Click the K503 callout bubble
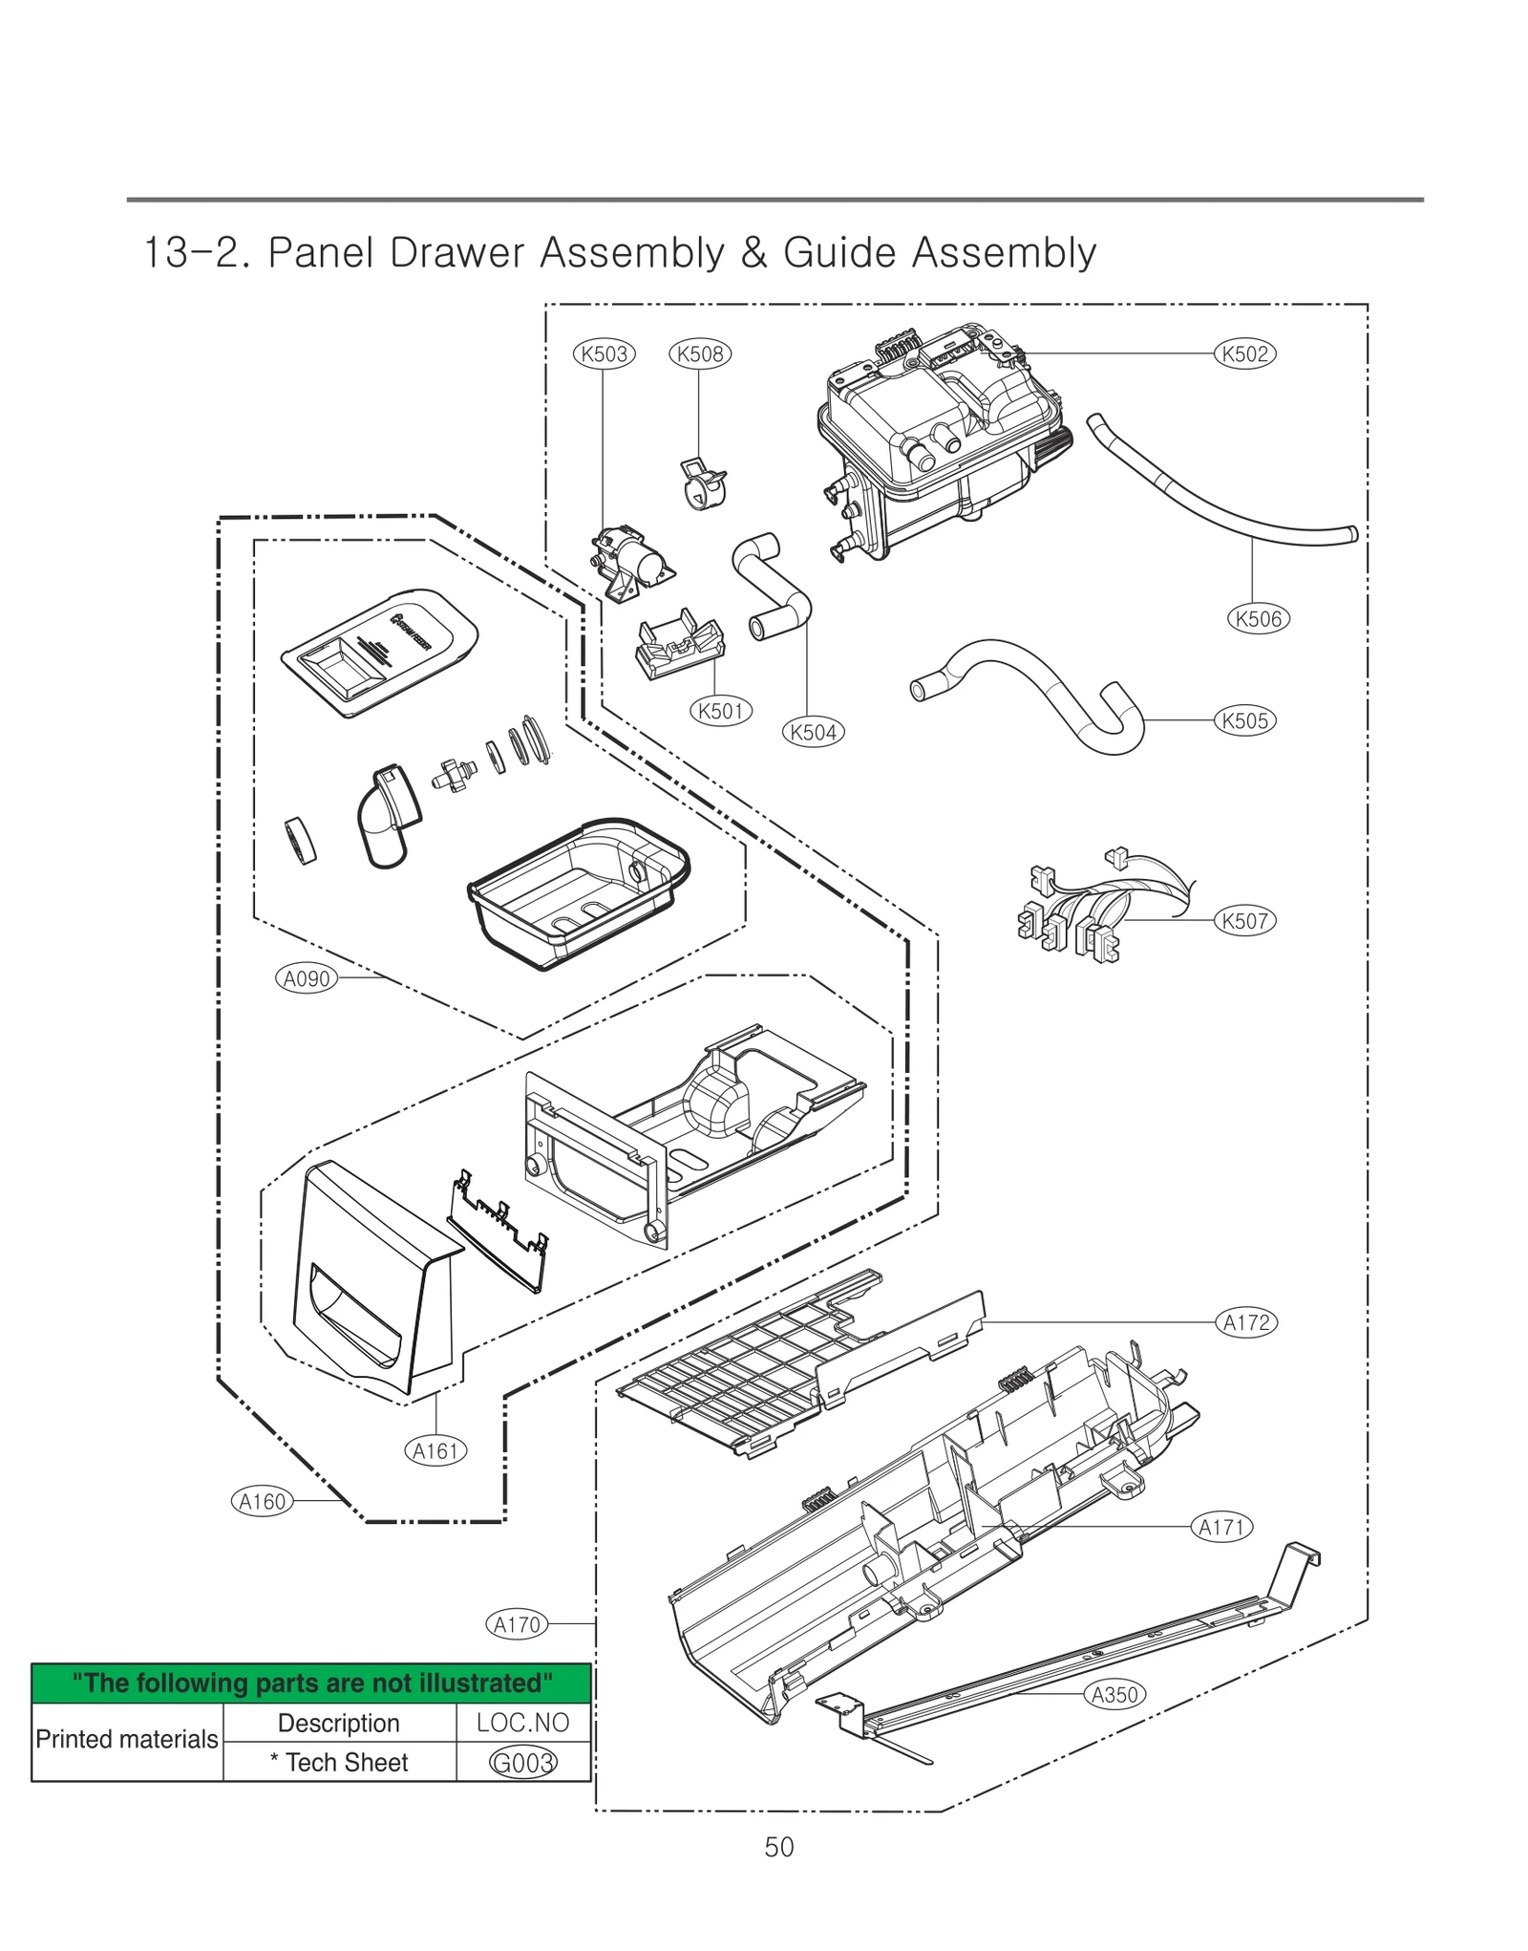pos(604,354)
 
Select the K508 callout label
pos(699,354)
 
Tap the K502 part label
pos(1244,354)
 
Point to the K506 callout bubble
pos(1258,618)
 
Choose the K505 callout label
pos(1244,720)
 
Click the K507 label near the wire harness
pos(1244,921)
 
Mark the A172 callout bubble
pos(1246,1322)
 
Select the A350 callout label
pos(1114,1695)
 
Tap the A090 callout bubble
pos(307,978)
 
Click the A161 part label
pos(435,1451)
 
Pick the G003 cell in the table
pos(522,1763)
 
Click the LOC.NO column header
pos(522,1723)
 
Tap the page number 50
pos(778,1847)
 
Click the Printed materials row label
pos(127,1739)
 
